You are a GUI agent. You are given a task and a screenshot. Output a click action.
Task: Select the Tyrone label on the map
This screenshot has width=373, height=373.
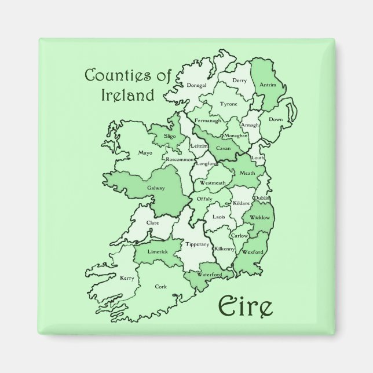(229, 104)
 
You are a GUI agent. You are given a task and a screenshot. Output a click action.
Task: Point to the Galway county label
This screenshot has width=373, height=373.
(156, 188)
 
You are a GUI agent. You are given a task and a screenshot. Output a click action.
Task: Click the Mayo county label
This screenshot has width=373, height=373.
(145, 153)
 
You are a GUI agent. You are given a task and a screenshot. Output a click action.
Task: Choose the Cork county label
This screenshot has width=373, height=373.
(161, 286)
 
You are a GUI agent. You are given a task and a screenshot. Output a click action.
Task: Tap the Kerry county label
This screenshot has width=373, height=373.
(127, 278)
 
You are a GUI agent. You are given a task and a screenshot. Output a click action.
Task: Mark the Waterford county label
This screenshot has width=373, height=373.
(210, 274)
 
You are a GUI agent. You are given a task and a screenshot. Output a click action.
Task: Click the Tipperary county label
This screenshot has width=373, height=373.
(197, 244)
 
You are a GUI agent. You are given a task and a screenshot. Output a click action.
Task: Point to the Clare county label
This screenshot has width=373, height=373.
(153, 222)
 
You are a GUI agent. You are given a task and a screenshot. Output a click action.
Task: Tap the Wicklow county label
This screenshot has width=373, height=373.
(260, 217)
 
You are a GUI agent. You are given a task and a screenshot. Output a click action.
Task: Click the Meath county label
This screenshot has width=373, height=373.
(247, 172)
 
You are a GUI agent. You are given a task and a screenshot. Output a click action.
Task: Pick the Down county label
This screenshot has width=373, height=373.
(276, 119)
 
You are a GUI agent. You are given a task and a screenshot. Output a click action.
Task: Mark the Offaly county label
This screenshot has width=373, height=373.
(205, 199)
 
